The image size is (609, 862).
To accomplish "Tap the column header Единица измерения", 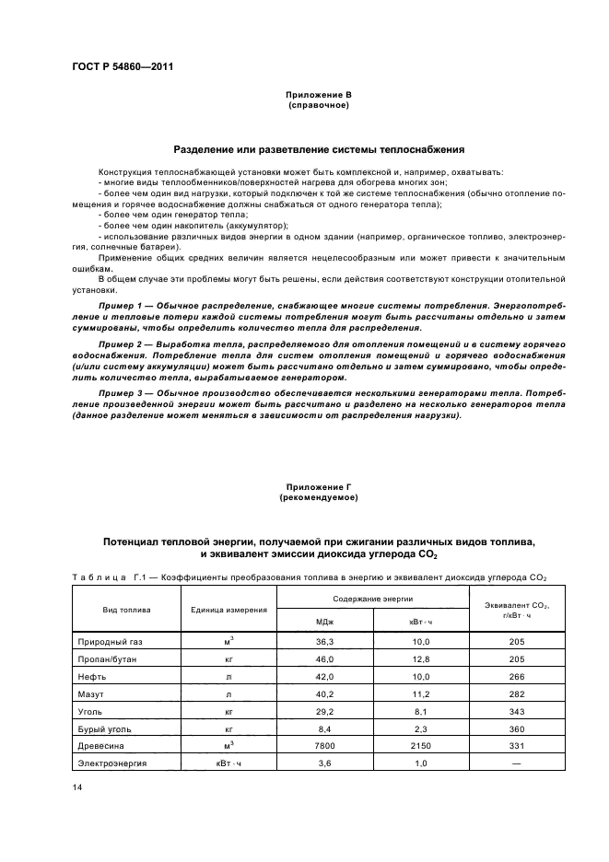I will pos(229,610).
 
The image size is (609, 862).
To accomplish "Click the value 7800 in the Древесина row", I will pos(324,745).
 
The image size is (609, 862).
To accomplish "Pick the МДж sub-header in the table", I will pos(324,622).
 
